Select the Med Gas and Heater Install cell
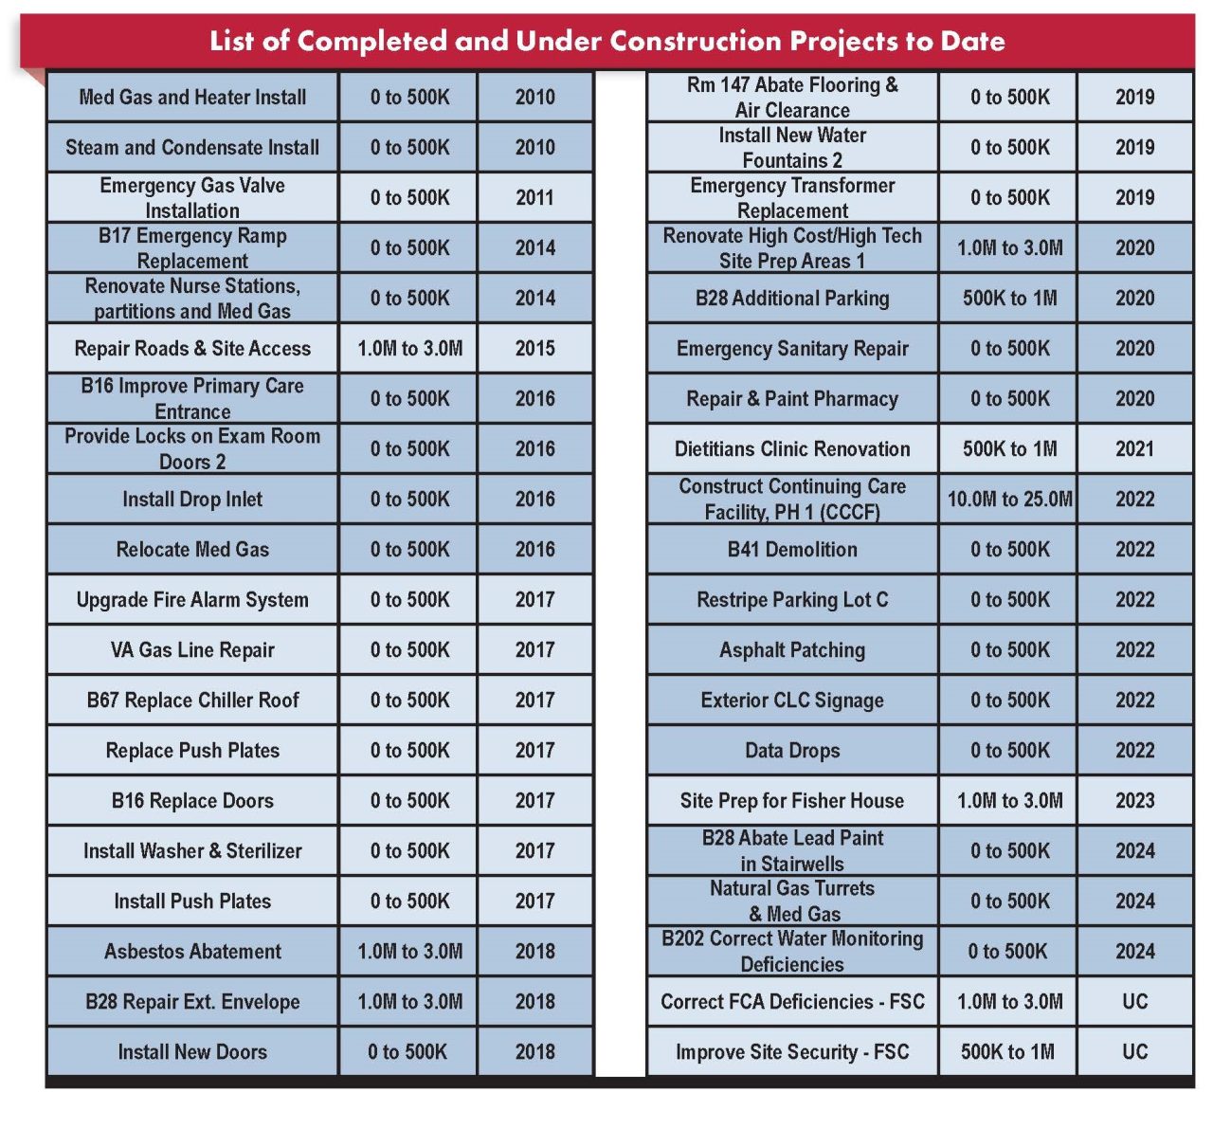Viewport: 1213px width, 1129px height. coord(192,97)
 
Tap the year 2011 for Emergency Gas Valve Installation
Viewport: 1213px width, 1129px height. coord(534,197)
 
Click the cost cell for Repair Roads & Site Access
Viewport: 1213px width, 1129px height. coord(409,348)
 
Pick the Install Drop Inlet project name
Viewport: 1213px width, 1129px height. coord(192,499)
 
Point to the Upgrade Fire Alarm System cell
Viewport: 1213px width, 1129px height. coord(192,599)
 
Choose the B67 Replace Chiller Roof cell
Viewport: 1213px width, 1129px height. coord(192,700)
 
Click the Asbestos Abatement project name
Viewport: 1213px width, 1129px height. coord(192,951)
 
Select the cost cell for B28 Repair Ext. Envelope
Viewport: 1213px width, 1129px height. coord(409,1001)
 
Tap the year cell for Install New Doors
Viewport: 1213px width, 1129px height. coord(534,1051)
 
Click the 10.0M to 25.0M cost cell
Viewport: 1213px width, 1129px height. coord(1009,499)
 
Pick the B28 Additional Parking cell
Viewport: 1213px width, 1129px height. coord(792,298)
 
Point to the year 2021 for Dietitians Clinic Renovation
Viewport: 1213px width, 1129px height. coord(1135,448)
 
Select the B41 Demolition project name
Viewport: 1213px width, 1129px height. coord(792,549)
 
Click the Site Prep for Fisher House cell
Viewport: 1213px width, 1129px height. coord(792,800)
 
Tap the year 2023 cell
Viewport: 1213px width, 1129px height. coord(1135,800)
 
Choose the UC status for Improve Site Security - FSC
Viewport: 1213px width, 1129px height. coord(1135,1051)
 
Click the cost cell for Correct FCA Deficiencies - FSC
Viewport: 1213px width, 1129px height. coord(1009,1001)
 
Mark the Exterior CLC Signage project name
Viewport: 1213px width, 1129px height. coord(792,700)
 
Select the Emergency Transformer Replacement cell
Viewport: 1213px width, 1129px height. coord(792,197)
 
